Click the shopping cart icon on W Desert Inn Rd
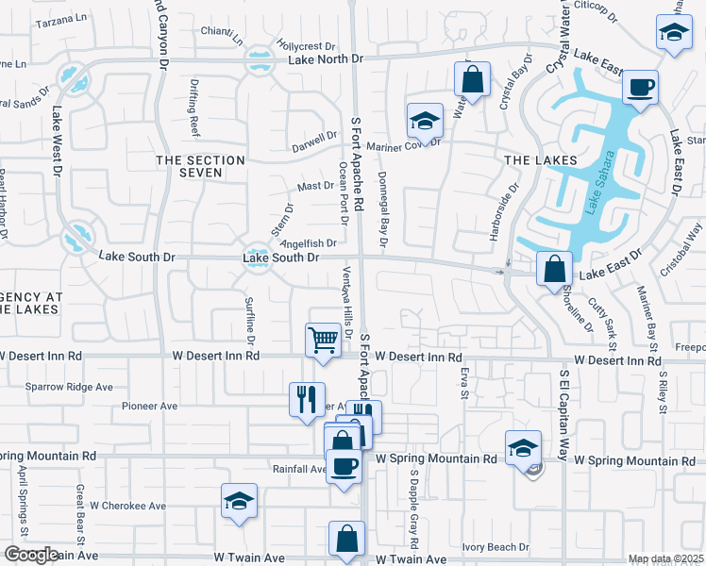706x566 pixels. pos(323,340)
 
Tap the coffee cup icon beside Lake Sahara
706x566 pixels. pos(641,89)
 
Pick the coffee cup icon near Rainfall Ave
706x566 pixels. pos(343,465)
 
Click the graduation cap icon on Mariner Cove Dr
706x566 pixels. pos(425,122)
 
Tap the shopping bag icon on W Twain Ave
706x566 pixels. pos(346,539)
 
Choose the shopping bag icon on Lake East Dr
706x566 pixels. pos(554,268)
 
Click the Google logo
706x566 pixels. pos(31,555)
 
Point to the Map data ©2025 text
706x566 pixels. pos(665,558)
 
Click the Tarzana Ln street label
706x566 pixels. pos(60,18)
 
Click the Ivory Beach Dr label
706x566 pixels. pos(496,547)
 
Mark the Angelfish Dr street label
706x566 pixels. pos(309,243)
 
